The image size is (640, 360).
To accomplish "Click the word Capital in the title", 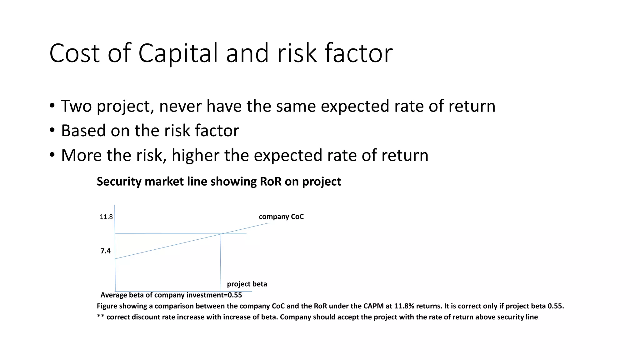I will click(178, 53).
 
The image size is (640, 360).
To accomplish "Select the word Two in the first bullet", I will click(76, 106).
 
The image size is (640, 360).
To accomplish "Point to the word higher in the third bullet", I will click(195, 155).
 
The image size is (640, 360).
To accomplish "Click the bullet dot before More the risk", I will click(52, 155).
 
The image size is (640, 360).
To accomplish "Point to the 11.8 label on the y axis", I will click(106, 217).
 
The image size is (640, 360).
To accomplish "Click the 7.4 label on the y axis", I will click(105, 251).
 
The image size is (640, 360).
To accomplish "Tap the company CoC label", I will click(281, 217).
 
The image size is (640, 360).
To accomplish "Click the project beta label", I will click(247, 284).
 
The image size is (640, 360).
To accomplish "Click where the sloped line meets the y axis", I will click(115, 258).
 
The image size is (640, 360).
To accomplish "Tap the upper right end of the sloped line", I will click(269, 223).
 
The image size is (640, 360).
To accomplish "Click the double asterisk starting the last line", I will click(100, 317).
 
